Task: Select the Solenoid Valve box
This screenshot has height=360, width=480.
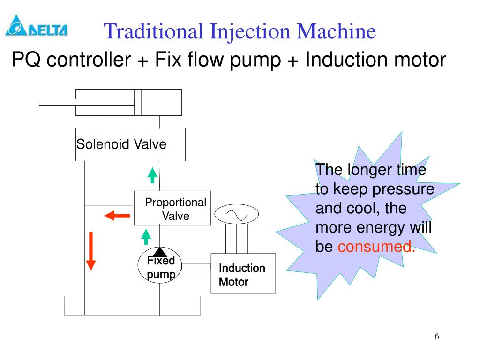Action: click(130, 144)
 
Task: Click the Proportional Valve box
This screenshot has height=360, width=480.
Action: click(172, 208)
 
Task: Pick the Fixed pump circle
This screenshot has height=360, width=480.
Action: click(159, 266)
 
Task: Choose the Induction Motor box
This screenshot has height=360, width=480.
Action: click(243, 274)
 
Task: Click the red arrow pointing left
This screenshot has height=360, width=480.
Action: click(117, 216)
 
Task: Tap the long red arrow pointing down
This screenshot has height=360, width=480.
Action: click(91, 251)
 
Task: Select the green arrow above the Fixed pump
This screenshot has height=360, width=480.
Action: click(146, 236)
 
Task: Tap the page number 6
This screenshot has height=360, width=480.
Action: click(437, 337)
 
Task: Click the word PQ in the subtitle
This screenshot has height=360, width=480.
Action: click(26, 60)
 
